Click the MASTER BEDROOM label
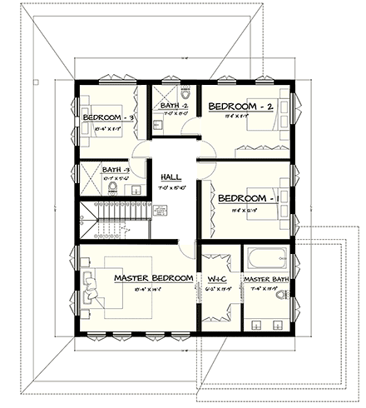(x=153, y=277)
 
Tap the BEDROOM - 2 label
(x=241, y=107)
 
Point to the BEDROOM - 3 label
(x=111, y=118)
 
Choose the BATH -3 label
(x=116, y=170)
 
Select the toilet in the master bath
(x=284, y=294)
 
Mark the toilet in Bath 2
(x=185, y=91)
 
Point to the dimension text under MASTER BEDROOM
(x=153, y=289)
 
